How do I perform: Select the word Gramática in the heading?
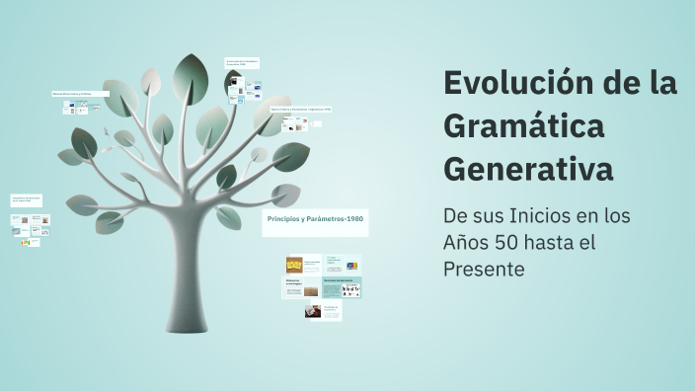point(523,126)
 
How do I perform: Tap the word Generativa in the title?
point(528,169)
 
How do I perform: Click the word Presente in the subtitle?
point(484,269)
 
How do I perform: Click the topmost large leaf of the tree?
point(190,75)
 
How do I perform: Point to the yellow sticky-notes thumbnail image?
point(294,265)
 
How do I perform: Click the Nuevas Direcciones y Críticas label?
point(72,94)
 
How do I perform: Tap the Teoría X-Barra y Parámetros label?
point(301,109)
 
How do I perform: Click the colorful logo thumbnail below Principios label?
point(351,266)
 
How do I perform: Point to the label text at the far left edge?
point(25,198)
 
